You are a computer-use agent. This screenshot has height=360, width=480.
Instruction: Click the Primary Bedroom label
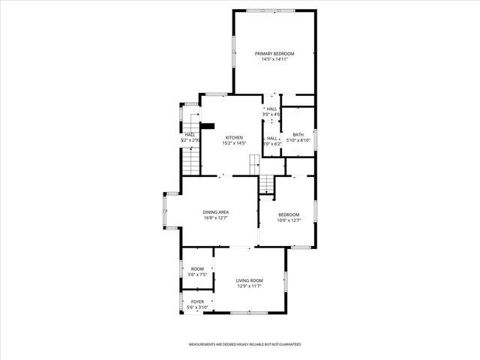[x=274, y=53]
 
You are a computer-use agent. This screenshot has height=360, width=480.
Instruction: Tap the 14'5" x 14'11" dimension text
[x=274, y=59]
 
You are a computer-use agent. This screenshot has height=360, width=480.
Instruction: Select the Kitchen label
[x=234, y=137]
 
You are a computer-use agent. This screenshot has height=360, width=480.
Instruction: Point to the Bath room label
[x=297, y=133]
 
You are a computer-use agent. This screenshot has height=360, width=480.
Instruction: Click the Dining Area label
[x=215, y=212]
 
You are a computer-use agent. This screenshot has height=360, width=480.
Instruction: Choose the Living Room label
[x=249, y=280]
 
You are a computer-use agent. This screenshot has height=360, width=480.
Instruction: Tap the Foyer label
[x=197, y=301]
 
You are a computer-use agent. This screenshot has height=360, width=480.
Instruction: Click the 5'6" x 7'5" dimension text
[x=197, y=274]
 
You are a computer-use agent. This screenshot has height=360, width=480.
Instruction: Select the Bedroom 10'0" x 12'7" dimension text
[x=289, y=220]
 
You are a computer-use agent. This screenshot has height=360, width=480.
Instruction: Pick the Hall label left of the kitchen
[x=190, y=134]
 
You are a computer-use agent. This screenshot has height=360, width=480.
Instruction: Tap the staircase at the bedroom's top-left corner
[x=268, y=184]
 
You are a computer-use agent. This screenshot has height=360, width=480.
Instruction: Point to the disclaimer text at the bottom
[x=244, y=343]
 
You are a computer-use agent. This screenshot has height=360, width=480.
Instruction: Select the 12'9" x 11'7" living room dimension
[x=249, y=286]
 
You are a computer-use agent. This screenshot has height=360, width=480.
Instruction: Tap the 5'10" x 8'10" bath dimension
[x=297, y=139]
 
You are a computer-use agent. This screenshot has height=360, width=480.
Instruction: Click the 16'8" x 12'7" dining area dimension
[x=215, y=218]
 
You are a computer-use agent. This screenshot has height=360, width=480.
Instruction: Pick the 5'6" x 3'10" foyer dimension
[x=197, y=307]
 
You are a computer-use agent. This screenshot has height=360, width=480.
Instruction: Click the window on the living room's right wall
[x=286, y=280]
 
